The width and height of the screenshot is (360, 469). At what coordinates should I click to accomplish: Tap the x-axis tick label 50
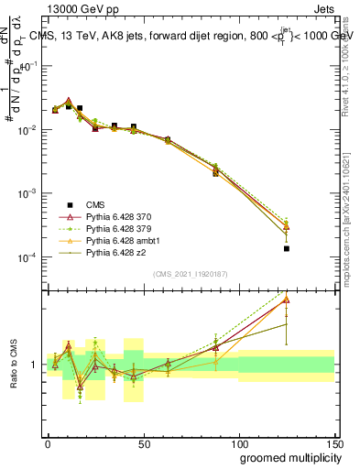(x=143, y=442)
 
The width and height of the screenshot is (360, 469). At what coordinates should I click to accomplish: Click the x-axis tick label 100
(x=239, y=442)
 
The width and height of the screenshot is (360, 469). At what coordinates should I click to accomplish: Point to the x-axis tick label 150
(x=334, y=442)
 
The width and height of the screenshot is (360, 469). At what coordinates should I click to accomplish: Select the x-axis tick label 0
(x=48, y=442)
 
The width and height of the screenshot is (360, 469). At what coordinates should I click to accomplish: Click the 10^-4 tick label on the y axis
(x=28, y=257)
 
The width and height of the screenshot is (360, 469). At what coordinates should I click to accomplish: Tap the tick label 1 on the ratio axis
(x=34, y=365)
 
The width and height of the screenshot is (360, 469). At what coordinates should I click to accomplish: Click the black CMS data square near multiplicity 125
(x=287, y=248)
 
